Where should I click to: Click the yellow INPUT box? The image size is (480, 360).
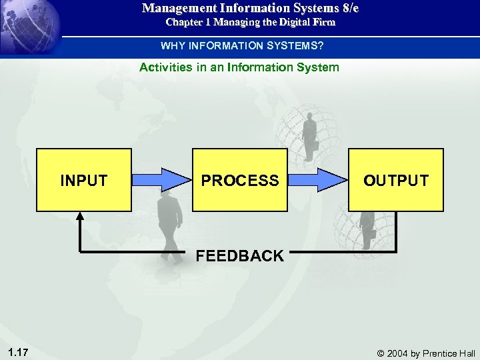pyautogui.click(x=83, y=180)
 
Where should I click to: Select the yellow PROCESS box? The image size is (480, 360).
pyautogui.click(x=240, y=180)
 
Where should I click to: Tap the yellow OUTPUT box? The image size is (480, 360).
pyautogui.click(x=396, y=180)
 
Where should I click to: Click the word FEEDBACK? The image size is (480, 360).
pyautogui.click(x=239, y=256)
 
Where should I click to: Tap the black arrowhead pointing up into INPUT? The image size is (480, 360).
pyautogui.click(x=80, y=217)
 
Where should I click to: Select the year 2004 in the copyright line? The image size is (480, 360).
pyautogui.click(x=398, y=353)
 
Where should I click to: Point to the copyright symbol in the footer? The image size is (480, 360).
pyautogui.click(x=381, y=353)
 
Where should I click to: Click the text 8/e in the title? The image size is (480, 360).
pyautogui.click(x=347, y=9)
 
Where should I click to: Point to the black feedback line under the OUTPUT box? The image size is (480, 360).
pyautogui.click(x=396, y=233)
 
